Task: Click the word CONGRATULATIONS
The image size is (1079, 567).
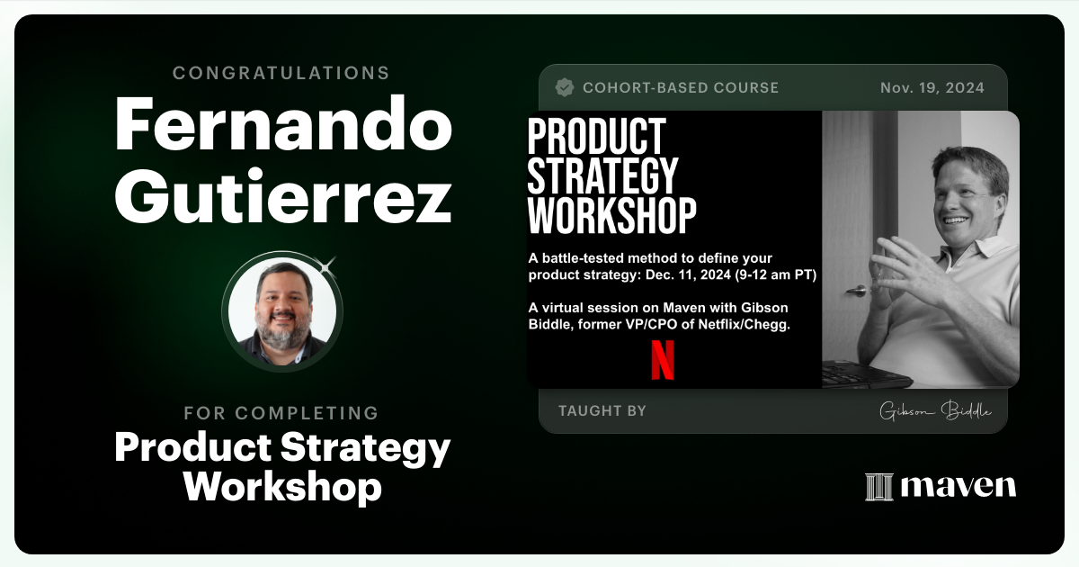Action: pyautogui.click(x=281, y=73)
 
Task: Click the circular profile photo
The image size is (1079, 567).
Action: pyautogui.click(x=282, y=311)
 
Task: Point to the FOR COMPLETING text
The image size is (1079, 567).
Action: pyautogui.click(x=281, y=413)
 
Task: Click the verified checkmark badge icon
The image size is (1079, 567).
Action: pyautogui.click(x=565, y=87)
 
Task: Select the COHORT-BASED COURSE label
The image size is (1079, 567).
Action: pyautogui.click(x=681, y=88)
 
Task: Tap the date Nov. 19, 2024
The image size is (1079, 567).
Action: pyautogui.click(x=932, y=88)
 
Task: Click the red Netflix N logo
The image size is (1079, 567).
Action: pyautogui.click(x=663, y=359)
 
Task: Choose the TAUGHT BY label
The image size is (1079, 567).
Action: pyautogui.click(x=602, y=411)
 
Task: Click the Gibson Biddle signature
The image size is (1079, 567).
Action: pyautogui.click(x=935, y=411)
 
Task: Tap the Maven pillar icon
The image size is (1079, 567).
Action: pyautogui.click(x=878, y=487)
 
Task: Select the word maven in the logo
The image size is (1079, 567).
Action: pyautogui.click(x=959, y=487)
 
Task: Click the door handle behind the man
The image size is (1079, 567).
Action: pyautogui.click(x=857, y=291)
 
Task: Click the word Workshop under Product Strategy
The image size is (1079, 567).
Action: pyautogui.click(x=282, y=487)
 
